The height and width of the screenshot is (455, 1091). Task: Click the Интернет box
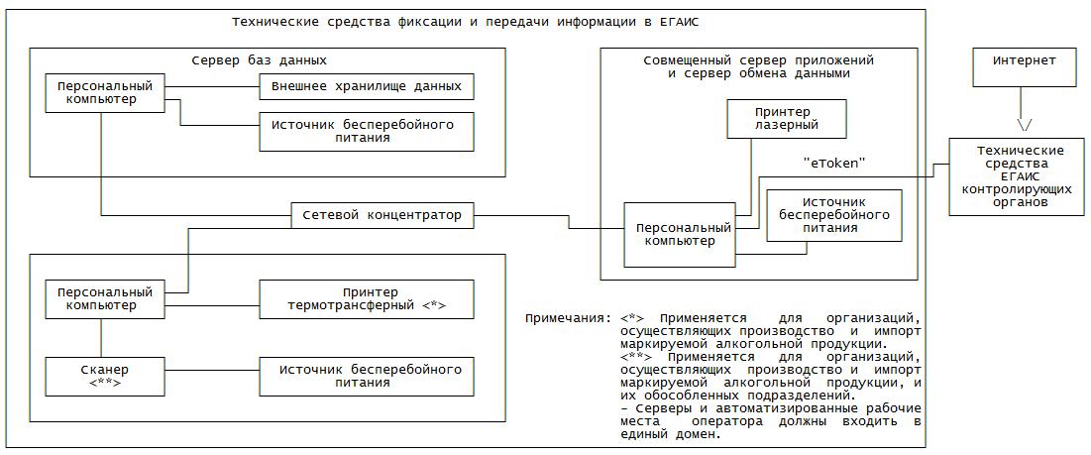pyautogui.click(x=1025, y=67)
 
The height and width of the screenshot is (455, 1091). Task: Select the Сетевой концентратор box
pyautogui.click(x=382, y=214)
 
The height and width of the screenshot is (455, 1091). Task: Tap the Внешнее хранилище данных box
pyautogui.click(x=366, y=86)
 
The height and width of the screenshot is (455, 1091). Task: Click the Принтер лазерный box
pyautogui.click(x=787, y=117)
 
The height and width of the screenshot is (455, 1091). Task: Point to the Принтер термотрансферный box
pyautogui.click(x=366, y=298)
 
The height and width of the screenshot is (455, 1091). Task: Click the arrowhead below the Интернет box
pyautogui.click(x=1025, y=125)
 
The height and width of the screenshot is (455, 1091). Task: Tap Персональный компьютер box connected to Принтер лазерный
pyautogui.click(x=679, y=234)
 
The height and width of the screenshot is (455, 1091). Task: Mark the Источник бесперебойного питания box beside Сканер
pyautogui.click(x=366, y=377)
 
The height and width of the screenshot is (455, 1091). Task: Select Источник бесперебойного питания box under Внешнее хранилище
pyautogui.click(x=366, y=131)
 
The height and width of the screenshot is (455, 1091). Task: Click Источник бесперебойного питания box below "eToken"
pyautogui.click(x=833, y=215)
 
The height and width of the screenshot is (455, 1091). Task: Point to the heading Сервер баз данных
pyautogui.click(x=259, y=59)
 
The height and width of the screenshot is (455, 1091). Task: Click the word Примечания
pyautogui.click(x=567, y=319)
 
